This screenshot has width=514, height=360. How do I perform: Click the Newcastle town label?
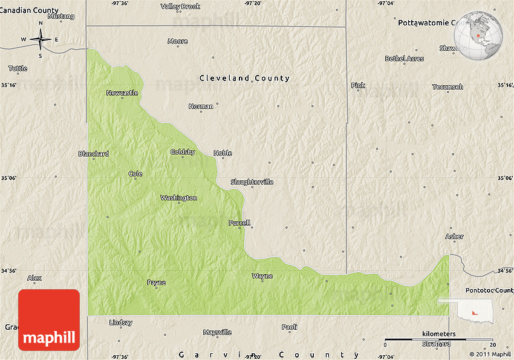[x=122, y=93]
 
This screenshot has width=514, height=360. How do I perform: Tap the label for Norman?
[x=201, y=106]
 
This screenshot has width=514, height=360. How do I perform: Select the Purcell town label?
[x=239, y=223]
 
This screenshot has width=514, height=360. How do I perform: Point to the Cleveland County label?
[x=245, y=78]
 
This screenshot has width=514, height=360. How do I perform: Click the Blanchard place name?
[x=94, y=154]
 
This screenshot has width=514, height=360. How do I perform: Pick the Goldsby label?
[x=183, y=152]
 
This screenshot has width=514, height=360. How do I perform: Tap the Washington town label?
[x=178, y=198]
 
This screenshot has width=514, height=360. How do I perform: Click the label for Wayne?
[x=262, y=276]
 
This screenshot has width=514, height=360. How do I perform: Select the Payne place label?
[x=156, y=282]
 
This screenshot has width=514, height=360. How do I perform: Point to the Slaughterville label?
[x=252, y=182]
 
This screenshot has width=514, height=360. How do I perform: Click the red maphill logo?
[x=49, y=319]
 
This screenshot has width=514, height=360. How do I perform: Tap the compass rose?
[x=41, y=40]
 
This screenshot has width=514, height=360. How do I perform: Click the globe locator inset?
[x=479, y=36]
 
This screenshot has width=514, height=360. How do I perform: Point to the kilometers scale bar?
[x=439, y=339]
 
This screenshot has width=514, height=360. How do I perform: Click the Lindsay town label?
[x=121, y=322]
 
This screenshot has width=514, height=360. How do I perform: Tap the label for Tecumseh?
[x=447, y=87]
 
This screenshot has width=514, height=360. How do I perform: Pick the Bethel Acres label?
[x=405, y=59]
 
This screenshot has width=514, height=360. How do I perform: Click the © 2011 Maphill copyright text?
[x=490, y=354]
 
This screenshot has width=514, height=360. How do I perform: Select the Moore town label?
[x=178, y=41]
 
